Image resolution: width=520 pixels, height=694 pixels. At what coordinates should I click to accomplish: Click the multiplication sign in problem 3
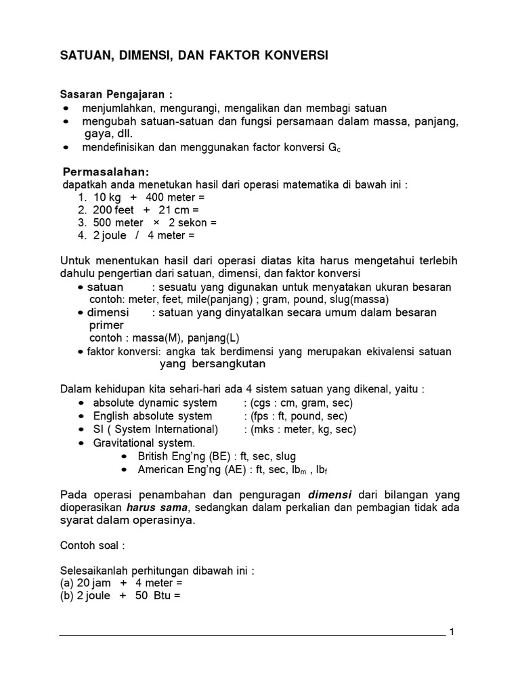tap(156, 223)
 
